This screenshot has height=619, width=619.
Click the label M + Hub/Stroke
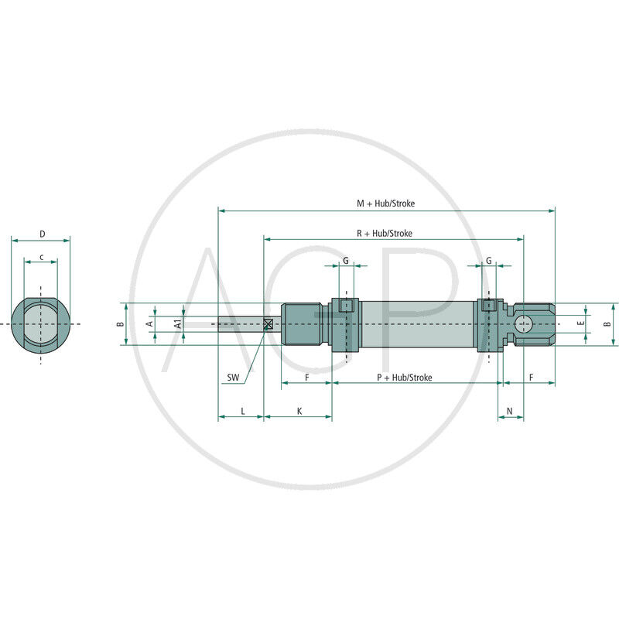[x=385, y=203]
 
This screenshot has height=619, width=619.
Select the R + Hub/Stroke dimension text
[x=385, y=233]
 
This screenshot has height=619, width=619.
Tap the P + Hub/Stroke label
[x=404, y=377]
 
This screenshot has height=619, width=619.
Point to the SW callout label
[x=233, y=378]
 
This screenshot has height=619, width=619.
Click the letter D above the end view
[x=42, y=234]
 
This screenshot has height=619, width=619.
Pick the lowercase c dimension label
[x=40, y=256]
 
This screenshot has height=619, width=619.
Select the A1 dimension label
[x=177, y=324]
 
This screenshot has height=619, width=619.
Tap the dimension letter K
[x=299, y=411]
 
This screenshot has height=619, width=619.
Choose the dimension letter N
[x=509, y=410]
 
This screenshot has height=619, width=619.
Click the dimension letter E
[x=581, y=323]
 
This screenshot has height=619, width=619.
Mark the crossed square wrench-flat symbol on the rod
[x=268, y=324]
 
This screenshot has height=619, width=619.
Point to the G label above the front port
[x=346, y=261]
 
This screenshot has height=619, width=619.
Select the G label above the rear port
[x=488, y=261]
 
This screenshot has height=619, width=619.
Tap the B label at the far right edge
[x=607, y=324]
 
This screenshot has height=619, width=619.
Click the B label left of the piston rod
[x=120, y=324]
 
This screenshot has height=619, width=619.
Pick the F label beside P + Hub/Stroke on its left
[x=307, y=377]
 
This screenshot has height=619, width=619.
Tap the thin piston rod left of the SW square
[x=240, y=324]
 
